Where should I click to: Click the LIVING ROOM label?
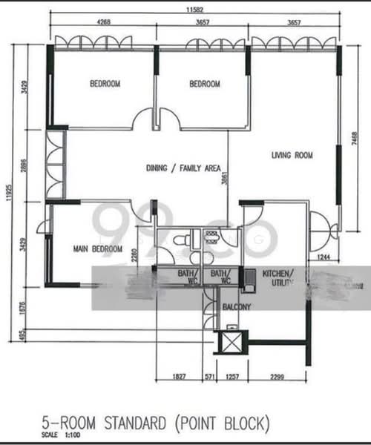click(292, 156)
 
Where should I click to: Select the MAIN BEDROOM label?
click(97, 249)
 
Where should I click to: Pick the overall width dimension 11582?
click(196, 10)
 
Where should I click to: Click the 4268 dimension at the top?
click(105, 23)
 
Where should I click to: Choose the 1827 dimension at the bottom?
click(177, 378)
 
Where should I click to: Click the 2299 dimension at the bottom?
click(277, 378)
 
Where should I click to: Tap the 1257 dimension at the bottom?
click(232, 378)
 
